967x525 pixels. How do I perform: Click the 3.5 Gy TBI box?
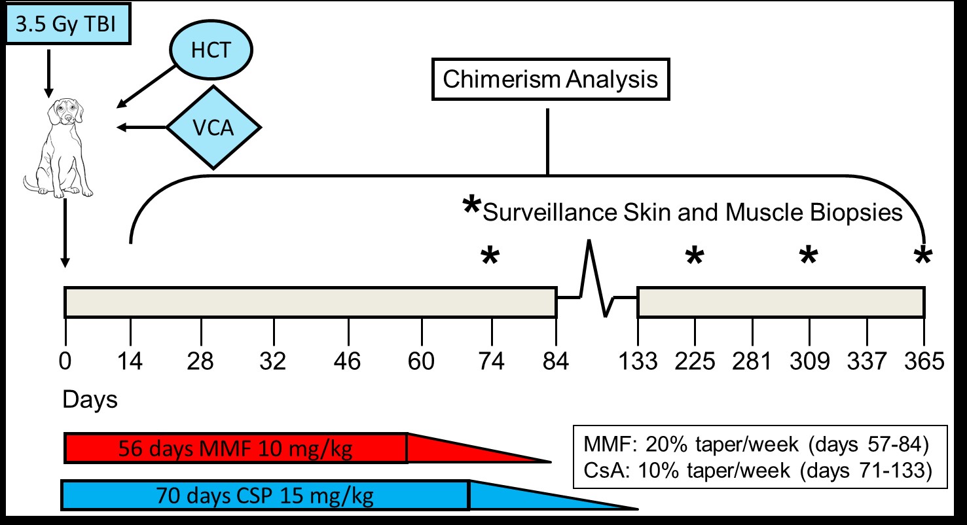point(68,24)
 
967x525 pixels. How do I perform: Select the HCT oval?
point(211,50)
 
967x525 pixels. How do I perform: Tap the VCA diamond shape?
point(213,128)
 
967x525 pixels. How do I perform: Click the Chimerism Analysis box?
point(551,79)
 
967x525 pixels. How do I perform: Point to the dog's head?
point(65,111)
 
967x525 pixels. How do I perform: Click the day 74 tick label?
point(491,361)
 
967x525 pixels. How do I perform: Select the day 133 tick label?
point(638,361)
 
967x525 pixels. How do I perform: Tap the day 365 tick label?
point(924,361)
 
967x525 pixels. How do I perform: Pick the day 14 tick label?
point(130,361)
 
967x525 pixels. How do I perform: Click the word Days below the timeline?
point(90,399)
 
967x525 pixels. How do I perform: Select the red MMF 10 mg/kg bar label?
point(235,448)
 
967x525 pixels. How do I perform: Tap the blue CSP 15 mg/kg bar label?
point(265,496)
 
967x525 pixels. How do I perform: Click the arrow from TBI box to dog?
point(49,74)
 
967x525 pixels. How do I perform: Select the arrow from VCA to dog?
point(141,128)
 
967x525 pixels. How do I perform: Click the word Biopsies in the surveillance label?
point(856,212)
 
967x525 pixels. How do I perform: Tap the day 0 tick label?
point(65,361)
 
